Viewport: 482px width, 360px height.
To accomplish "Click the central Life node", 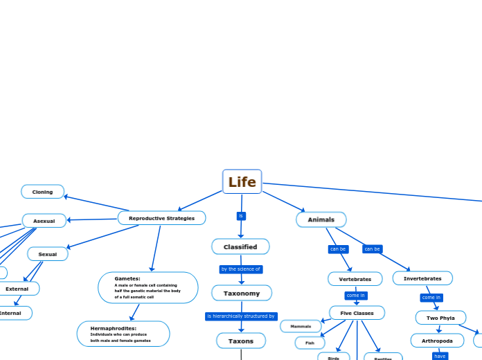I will (x=242, y=182).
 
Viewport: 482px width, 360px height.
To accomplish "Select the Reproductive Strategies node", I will (x=161, y=218).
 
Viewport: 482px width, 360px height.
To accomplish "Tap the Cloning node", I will (x=42, y=192).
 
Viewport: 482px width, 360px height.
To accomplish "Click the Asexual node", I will (x=44, y=221).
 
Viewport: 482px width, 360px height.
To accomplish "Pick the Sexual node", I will (x=47, y=254).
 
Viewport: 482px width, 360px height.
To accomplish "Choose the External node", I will (x=17, y=289).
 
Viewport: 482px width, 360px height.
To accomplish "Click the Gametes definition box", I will (x=148, y=287).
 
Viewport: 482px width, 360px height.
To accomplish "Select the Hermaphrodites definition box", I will (x=123, y=334).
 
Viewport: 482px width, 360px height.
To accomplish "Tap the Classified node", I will (x=240, y=246).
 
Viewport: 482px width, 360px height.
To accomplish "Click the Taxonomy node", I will (x=241, y=294).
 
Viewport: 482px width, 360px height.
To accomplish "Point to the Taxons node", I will (x=240, y=341).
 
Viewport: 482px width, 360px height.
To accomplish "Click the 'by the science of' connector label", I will (x=240, y=269).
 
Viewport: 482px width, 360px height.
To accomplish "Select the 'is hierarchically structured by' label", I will (x=241, y=316).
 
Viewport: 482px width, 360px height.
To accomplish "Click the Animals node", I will (x=321, y=219).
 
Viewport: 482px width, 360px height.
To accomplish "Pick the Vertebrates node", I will (x=355, y=279).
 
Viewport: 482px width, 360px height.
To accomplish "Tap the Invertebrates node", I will (x=422, y=278).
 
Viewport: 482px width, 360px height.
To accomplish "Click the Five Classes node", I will (x=357, y=313).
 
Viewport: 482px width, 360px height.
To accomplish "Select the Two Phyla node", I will (x=440, y=318).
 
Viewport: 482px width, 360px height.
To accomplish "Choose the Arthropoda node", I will (x=437, y=341).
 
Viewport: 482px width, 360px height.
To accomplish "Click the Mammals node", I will (x=301, y=326).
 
